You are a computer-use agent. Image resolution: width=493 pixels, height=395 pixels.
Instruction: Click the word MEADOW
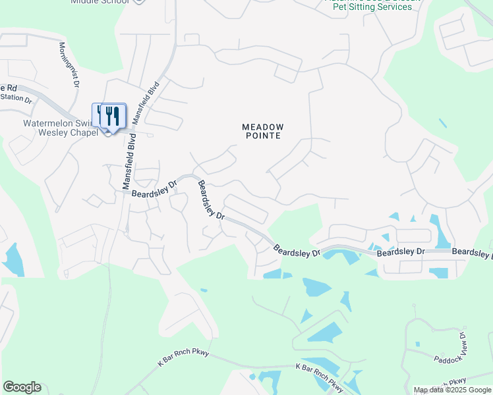(x=262, y=127)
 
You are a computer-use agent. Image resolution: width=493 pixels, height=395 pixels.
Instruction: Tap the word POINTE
(x=262, y=136)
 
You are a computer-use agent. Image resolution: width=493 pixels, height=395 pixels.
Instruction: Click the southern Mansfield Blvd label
(x=128, y=162)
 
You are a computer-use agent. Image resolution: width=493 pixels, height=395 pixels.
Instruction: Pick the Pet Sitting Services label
(x=372, y=7)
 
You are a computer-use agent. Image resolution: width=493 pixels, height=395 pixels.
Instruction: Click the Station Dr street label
(x=16, y=98)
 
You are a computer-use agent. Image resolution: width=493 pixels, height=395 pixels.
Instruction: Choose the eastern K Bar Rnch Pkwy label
(x=320, y=375)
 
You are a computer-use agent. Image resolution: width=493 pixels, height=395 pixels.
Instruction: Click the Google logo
(x=22, y=387)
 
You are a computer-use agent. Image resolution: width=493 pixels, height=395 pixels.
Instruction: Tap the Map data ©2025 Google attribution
(x=451, y=390)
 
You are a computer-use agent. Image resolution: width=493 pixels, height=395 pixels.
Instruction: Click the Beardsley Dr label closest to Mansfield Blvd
(x=154, y=189)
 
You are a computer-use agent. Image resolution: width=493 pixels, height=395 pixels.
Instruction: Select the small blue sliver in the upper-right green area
(x=442, y=123)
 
